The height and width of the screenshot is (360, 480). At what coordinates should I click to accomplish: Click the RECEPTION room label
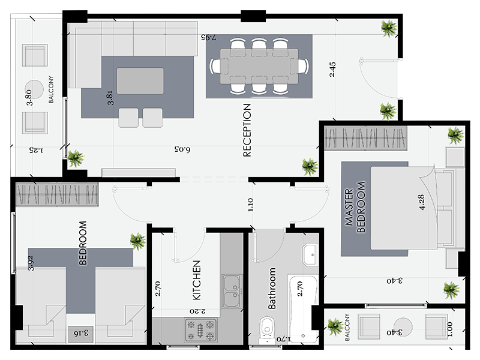pyautogui.click(x=247, y=130)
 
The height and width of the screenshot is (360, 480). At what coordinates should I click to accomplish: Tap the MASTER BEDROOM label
pyautogui.click(x=355, y=207)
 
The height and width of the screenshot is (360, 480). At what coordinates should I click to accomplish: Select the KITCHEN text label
pyautogui.click(x=197, y=280)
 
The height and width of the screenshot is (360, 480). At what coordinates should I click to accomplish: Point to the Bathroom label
pyautogui.click(x=272, y=289)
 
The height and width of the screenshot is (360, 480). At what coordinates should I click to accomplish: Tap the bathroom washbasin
pyautogui.click(x=311, y=254)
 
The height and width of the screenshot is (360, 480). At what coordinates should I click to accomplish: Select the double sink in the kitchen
pyautogui.click(x=232, y=292)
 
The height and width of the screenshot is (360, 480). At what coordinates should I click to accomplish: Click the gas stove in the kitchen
pyautogui.click(x=200, y=329)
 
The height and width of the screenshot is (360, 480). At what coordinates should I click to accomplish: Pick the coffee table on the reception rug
pyautogui.click(x=140, y=81)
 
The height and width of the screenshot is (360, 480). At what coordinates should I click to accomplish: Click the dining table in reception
pyautogui.click(x=259, y=66)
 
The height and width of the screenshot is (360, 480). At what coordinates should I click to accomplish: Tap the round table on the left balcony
pyautogui.click(x=34, y=89)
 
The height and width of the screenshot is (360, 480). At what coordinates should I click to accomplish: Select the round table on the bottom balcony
pyautogui.click(x=403, y=327)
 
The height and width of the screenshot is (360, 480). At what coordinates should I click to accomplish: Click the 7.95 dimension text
pyautogui.click(x=208, y=37)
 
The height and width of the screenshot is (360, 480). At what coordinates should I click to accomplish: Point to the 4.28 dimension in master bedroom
pyautogui.click(x=422, y=202)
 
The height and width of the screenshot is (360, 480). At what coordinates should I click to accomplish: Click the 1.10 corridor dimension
pyautogui.click(x=250, y=205)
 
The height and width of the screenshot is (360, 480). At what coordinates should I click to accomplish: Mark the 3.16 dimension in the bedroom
pyautogui.click(x=82, y=333)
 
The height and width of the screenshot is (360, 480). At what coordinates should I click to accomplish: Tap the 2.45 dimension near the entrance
pyautogui.click(x=332, y=70)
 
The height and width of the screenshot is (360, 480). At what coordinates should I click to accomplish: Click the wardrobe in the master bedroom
pyautogui.click(x=365, y=138)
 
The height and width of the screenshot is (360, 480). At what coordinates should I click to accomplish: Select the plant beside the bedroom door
pyautogui.click(x=137, y=241)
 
